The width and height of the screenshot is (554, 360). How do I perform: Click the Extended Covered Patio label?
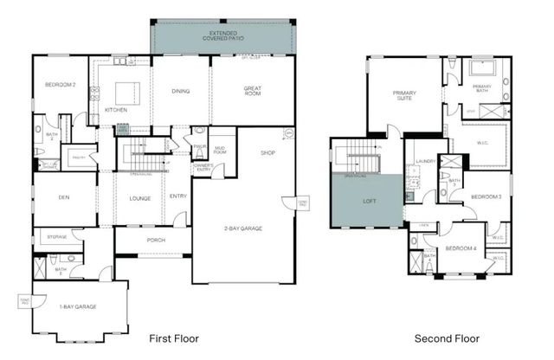pos(222,35)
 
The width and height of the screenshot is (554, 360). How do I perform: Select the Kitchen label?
pos(116,111)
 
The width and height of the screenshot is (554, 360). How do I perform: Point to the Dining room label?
pos(181,90)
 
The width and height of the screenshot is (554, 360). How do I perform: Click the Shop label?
pos(267,152)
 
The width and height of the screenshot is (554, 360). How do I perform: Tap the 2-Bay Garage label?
pos(242,228)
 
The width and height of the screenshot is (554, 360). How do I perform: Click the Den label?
pos(63,197)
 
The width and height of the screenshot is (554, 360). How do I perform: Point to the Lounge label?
pos(139,198)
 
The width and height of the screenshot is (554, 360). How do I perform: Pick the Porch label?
pos(156,241)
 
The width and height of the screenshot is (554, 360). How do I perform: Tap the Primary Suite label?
pos(405,95)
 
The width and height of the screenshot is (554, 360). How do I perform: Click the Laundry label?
pos(424,161)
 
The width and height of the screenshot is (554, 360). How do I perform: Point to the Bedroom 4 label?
pos(461,248)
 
